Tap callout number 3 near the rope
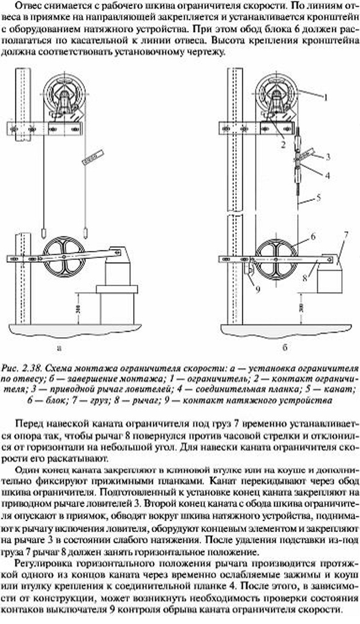pos(328,156)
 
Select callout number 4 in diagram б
pos(328,175)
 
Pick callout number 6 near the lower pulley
pos(313,237)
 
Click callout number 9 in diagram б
pos(258,289)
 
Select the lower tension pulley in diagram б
pos(276,259)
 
